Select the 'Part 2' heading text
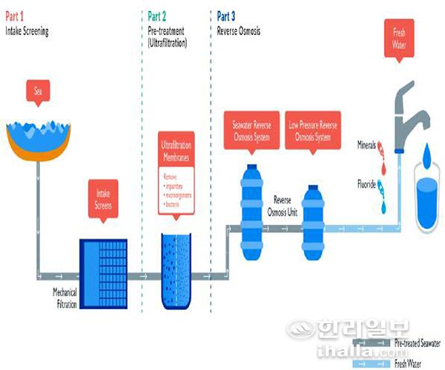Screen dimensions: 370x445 click(157, 15)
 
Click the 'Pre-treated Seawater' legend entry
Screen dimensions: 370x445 click(415, 343)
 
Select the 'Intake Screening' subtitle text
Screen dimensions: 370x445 click(27, 32)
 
